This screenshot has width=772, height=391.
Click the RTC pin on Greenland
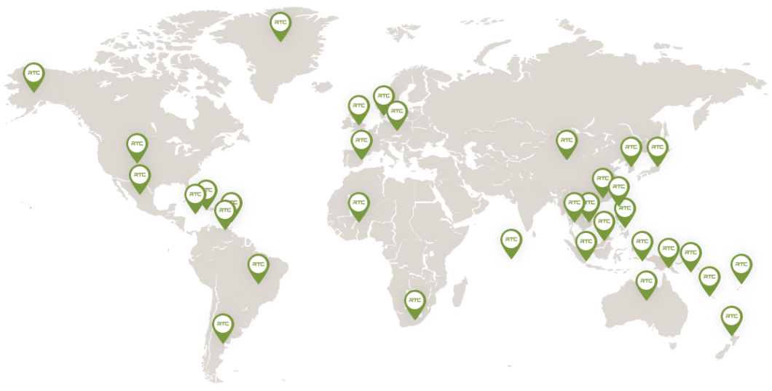tap(280, 23)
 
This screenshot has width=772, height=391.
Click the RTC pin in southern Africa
tap(414, 301)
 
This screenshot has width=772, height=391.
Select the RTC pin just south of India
tap(511, 240)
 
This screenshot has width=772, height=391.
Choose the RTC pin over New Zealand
tap(731, 317)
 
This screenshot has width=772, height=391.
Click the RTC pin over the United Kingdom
tap(358, 106)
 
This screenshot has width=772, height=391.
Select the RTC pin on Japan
tap(657, 148)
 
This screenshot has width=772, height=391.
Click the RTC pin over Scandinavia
tap(383, 97)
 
